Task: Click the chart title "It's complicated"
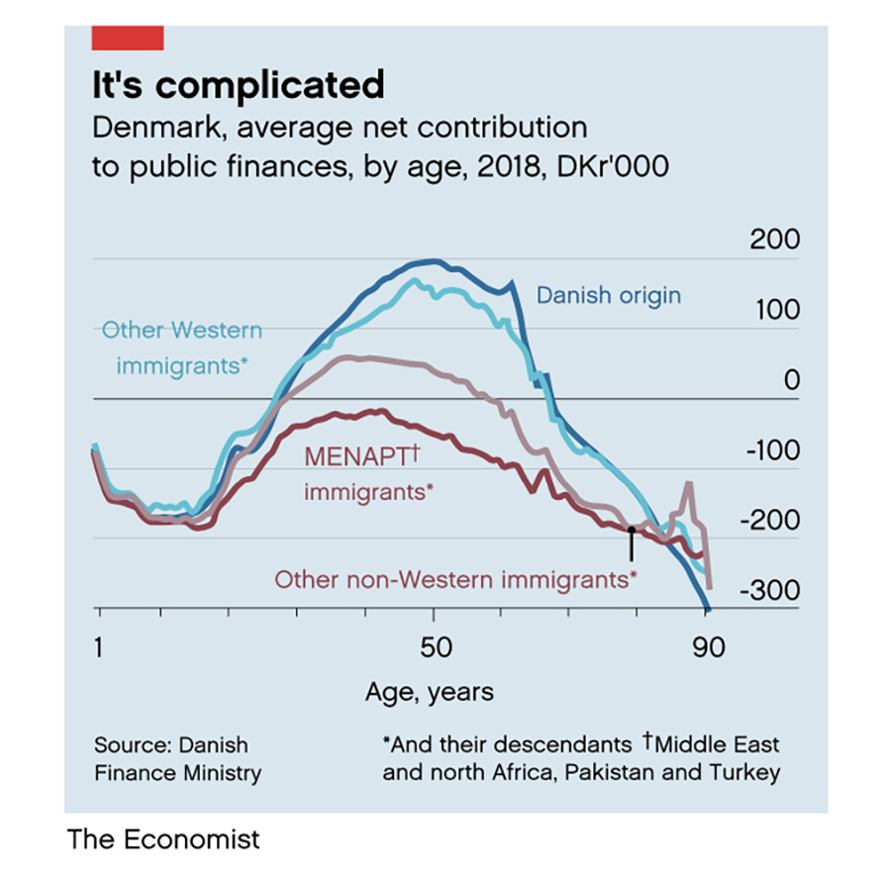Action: [x=238, y=85]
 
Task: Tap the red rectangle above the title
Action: [x=127, y=39]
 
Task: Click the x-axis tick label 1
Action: [x=99, y=648]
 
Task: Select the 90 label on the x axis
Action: [x=708, y=648]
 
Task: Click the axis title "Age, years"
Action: [x=430, y=691]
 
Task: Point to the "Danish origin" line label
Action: [x=609, y=295]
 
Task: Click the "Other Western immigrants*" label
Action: [x=183, y=347]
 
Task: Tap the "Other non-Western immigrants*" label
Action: [x=455, y=579]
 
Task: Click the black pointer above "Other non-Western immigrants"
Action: [x=632, y=543]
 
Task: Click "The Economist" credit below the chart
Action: [x=163, y=839]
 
